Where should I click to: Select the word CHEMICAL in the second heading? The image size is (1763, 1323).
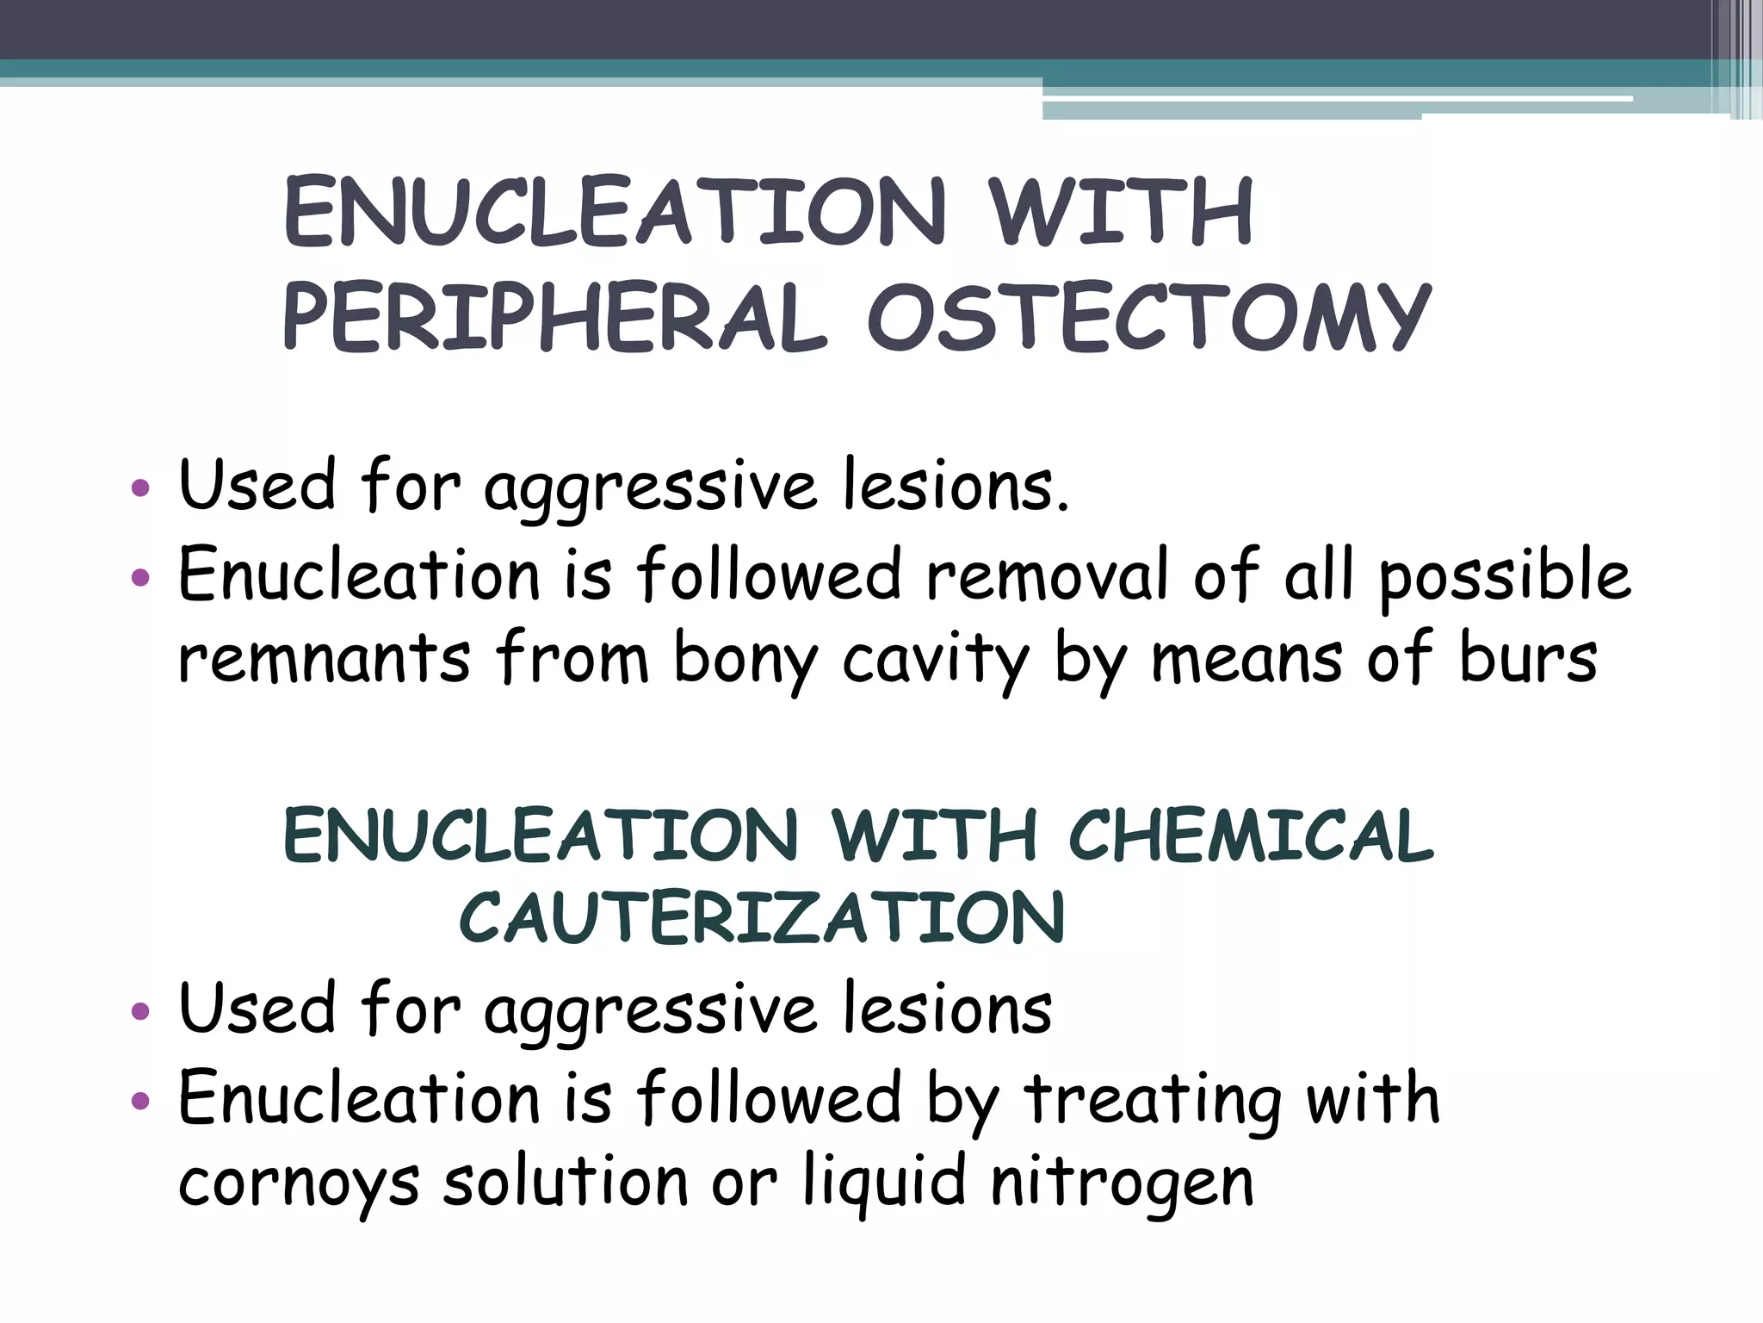[1251, 835]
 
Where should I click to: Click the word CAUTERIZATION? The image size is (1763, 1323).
[763, 917]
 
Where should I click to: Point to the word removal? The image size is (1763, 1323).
[1046, 575]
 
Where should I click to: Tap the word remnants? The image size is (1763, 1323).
[324, 659]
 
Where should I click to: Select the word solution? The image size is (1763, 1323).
[565, 1180]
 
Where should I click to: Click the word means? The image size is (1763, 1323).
[1246, 659]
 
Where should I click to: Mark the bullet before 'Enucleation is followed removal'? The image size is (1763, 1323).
[140, 576]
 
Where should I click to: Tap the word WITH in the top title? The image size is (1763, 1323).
[1120, 212]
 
